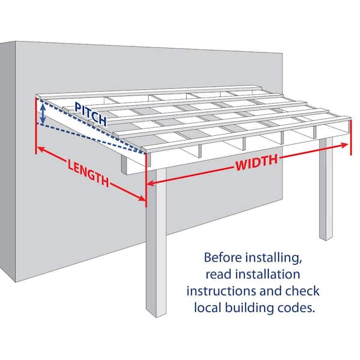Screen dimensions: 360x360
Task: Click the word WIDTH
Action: pyautogui.click(x=257, y=162)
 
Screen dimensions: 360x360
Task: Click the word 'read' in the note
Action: pyautogui.click(x=218, y=275)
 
